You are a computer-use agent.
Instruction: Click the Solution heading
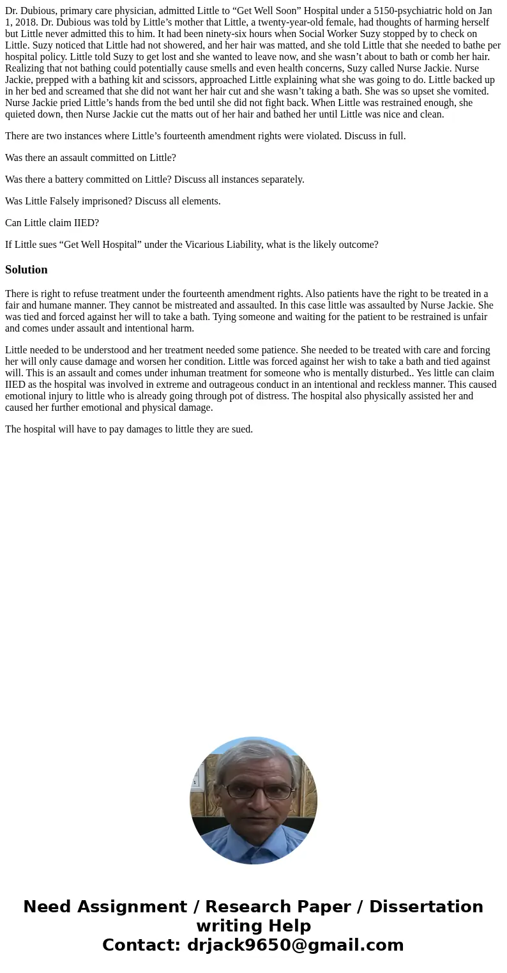tap(26, 270)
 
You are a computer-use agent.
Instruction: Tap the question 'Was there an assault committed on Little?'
tap(90, 157)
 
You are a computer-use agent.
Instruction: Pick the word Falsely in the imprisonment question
tap(75, 201)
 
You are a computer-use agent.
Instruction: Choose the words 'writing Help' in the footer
tap(253, 926)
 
